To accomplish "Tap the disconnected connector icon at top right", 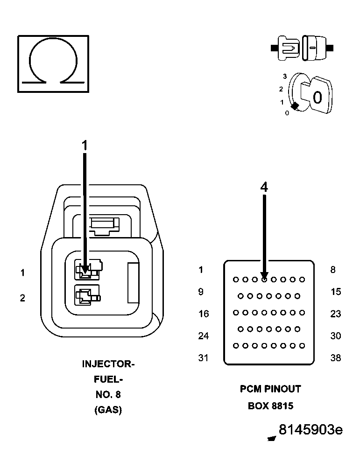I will point(302,48).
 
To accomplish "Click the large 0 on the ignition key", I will point(318,98).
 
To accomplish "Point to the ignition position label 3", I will point(284,76).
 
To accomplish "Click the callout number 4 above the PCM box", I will point(264,187).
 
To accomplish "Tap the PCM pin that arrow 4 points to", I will point(264,280).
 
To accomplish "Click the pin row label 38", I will point(336,358).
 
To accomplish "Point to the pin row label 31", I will point(204,358).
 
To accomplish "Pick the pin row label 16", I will point(204,314).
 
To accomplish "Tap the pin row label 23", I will point(336,314).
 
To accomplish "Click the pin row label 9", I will point(201,292).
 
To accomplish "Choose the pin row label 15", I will point(336,292).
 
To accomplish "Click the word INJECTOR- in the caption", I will point(108,364).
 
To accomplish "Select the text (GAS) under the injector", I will point(108,410).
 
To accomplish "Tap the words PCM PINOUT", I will point(270,389).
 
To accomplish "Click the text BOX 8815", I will point(270,406).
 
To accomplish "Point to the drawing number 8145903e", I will point(311,430).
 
